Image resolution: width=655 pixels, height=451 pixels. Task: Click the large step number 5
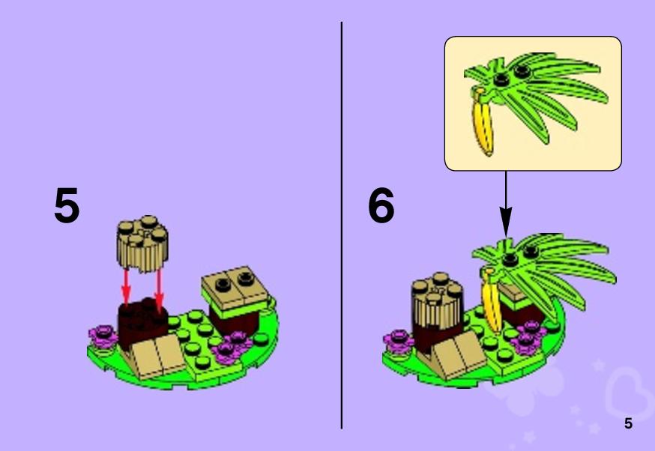coord(67,205)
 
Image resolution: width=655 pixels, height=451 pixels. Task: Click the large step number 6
coord(381,205)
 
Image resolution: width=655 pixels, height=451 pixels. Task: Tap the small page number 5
coord(628,423)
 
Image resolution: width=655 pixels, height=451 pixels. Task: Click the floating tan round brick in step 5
coord(143,243)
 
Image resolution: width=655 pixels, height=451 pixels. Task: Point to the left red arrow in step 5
coord(126,287)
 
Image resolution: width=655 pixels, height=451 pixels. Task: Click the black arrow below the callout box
coord(506,205)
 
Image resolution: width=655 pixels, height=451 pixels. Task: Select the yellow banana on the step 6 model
coord(492,300)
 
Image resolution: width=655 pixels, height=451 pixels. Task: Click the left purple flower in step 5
coord(103,337)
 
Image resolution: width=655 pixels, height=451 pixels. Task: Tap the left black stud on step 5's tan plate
coord(223,285)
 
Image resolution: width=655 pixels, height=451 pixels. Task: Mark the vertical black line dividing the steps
coord(342,225)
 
